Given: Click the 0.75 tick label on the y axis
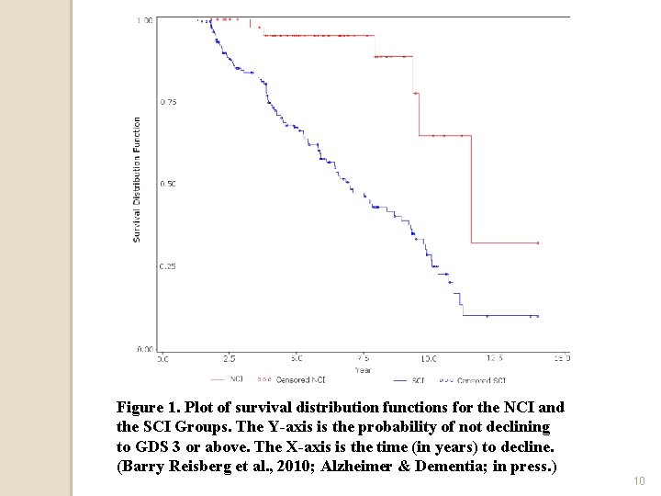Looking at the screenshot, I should [x=169, y=102].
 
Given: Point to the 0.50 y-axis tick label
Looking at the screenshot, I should [x=169, y=184].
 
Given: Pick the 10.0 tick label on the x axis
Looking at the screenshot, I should [x=429, y=358].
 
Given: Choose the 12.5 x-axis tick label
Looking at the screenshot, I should [x=495, y=358].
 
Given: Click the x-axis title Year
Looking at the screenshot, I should [x=363, y=370].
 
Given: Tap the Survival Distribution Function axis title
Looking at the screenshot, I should [x=137, y=179].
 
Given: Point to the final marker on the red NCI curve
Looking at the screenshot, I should [x=538, y=243].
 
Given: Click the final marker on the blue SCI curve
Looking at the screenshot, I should [x=537, y=316].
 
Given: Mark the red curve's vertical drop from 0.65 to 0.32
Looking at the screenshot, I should [x=471, y=188].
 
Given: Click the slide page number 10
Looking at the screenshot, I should [x=639, y=480].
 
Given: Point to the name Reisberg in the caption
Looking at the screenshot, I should [x=202, y=468].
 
